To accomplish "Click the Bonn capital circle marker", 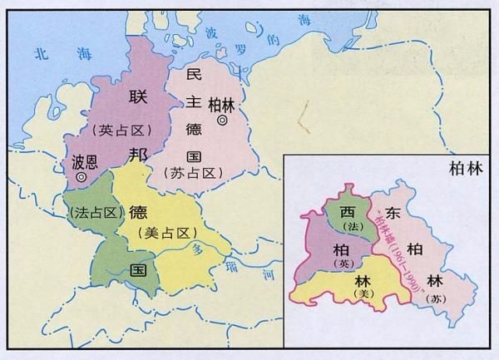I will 81,176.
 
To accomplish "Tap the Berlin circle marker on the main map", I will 222,121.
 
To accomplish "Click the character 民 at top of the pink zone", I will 195,75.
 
